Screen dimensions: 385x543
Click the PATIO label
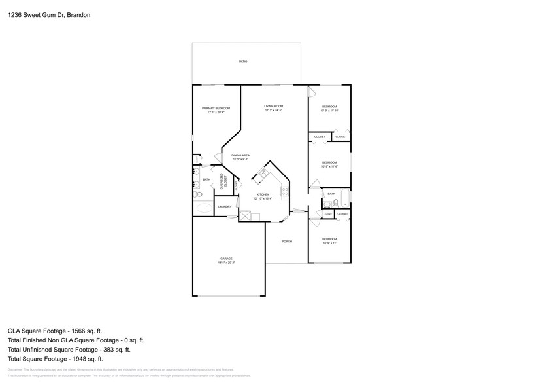tap(242, 62)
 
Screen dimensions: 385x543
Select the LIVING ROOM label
tap(273, 106)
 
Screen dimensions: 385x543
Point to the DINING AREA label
tap(240, 155)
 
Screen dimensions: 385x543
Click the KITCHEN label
tap(262, 195)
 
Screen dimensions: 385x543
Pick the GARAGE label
tap(226, 259)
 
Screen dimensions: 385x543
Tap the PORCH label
tap(286, 242)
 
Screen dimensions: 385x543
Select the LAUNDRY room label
tap(225, 207)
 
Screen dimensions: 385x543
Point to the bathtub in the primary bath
tap(204, 208)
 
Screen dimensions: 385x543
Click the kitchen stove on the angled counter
tap(263, 174)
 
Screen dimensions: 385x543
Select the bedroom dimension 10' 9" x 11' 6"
tap(329, 166)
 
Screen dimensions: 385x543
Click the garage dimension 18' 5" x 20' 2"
tap(226, 263)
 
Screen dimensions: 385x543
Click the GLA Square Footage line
tap(55, 331)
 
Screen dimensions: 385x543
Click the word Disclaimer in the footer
tap(16, 370)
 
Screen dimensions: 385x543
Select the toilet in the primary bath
tap(199, 194)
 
